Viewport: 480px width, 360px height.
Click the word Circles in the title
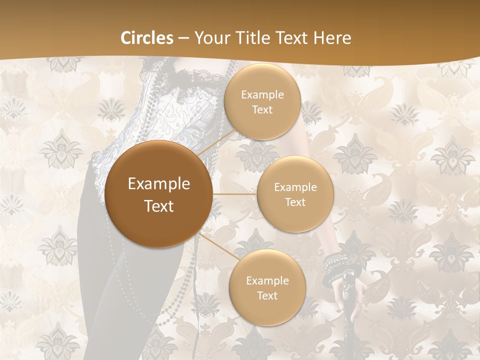click(x=147, y=38)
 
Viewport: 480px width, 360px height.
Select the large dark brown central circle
click(x=159, y=194)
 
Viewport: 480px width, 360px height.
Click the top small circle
click(x=262, y=101)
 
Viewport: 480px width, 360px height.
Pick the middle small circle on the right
click(x=295, y=194)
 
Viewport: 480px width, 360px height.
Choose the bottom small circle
click(x=267, y=287)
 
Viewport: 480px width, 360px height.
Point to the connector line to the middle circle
click(x=234, y=194)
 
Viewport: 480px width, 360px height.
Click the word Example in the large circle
click(x=159, y=184)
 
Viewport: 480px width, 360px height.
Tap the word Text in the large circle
click(x=159, y=206)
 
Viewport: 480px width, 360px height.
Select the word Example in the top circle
click(x=262, y=95)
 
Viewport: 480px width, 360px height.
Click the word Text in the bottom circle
click(x=267, y=295)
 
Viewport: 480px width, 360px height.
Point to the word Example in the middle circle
click(x=295, y=187)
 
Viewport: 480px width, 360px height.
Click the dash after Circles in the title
click(x=183, y=38)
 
